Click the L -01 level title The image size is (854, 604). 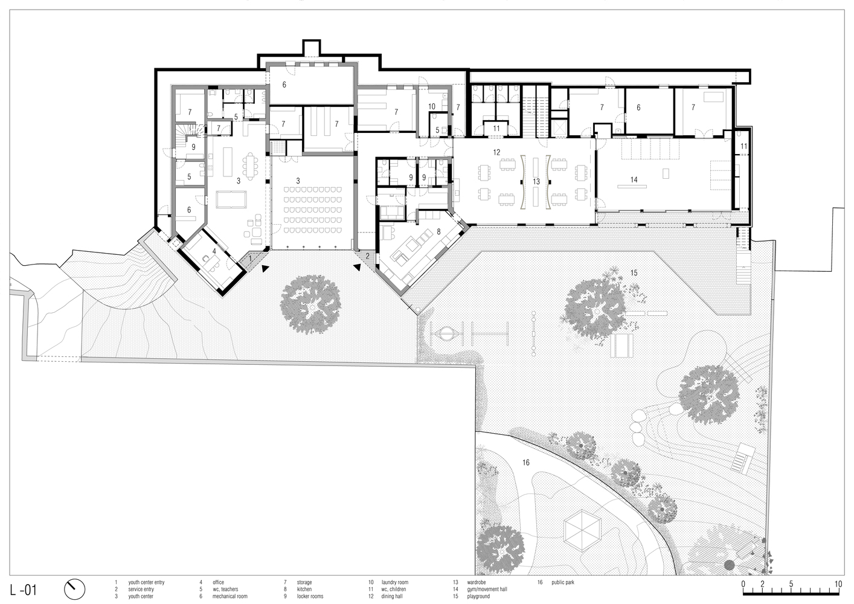point(24,590)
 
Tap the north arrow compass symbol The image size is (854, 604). point(74,590)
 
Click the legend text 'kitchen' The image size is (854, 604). point(304,589)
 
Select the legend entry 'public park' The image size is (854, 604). point(563,582)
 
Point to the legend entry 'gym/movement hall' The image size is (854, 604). point(487,589)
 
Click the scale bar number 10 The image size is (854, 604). point(838,584)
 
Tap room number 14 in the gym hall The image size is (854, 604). point(634,179)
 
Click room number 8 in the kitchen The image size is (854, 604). point(438,231)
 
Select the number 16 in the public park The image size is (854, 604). point(525,463)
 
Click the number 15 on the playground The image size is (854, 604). point(634,273)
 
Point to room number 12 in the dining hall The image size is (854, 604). point(496,153)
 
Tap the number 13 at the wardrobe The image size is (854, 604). point(536,182)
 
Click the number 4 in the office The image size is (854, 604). point(214,251)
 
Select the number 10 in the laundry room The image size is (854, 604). point(432,106)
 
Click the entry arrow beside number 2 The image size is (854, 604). point(357,268)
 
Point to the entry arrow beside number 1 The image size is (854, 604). point(265,268)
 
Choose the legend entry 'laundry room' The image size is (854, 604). point(394,582)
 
